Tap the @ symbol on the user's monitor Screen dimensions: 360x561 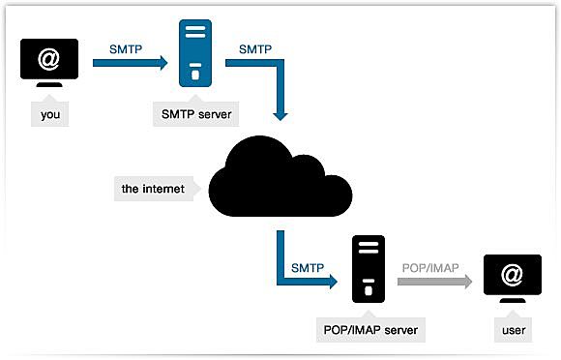[512, 276]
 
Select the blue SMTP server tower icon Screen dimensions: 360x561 [196, 59]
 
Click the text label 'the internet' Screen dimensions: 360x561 [153, 189]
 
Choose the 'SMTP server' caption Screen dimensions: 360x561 [196, 112]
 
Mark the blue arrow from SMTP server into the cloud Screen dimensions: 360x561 [271, 82]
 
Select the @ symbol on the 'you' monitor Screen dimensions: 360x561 [48, 58]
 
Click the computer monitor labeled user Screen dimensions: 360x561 [512, 280]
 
